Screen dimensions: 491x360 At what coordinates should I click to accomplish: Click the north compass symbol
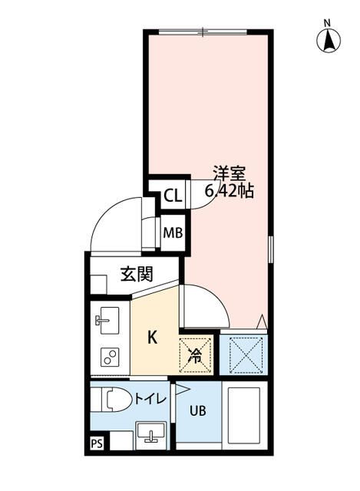pos(328,38)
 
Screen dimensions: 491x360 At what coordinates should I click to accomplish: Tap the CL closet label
pos(172,196)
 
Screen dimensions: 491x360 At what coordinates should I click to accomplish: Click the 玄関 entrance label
pos(135,273)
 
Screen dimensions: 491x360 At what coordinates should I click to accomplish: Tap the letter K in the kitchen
pos(152,336)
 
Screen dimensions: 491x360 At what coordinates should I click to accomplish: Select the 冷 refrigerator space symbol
pos(196,355)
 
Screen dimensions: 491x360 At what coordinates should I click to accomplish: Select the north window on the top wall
pos(203,31)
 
